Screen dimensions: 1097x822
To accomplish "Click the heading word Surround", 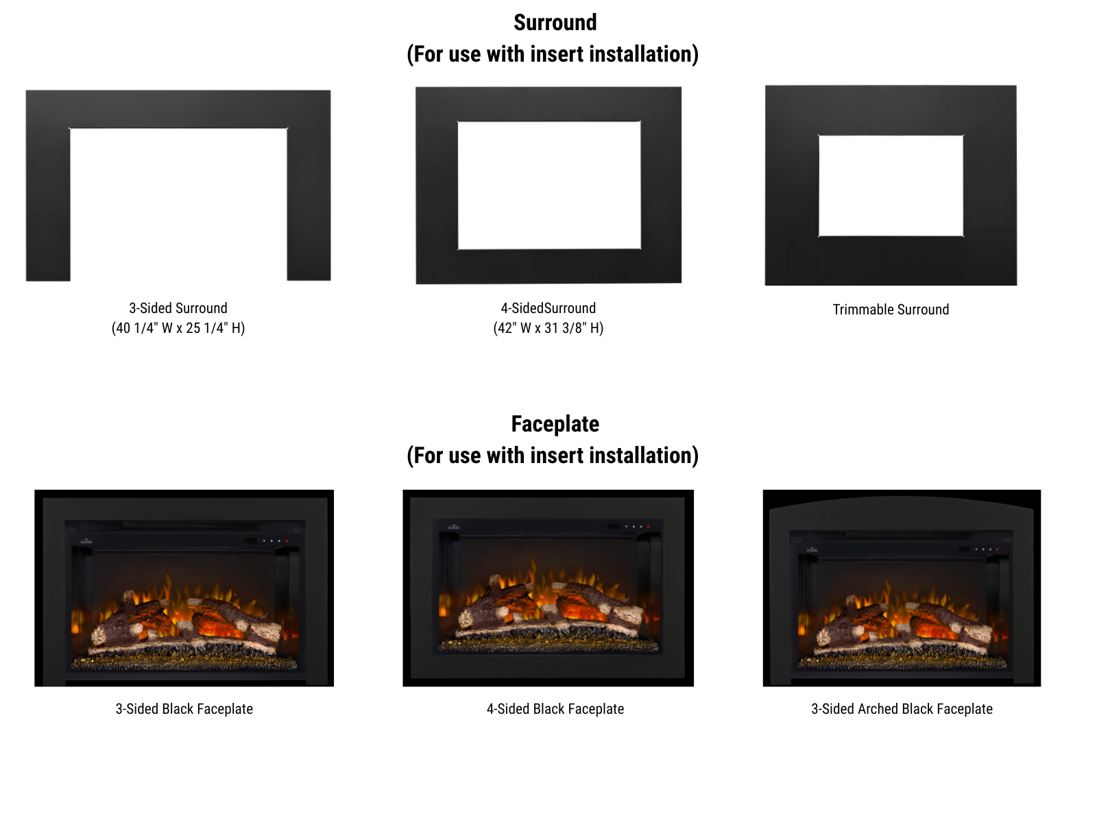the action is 555,23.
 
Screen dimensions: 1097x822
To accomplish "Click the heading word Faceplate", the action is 555,424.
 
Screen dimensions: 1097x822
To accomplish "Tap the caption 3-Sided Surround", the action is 178,308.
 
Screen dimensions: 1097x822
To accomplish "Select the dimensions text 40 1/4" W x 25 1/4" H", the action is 178,328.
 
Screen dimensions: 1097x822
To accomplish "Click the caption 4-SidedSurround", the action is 548,308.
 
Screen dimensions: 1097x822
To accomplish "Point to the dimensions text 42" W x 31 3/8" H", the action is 548,328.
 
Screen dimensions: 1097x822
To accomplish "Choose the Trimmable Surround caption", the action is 891,310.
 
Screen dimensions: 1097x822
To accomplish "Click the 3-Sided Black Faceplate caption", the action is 184,709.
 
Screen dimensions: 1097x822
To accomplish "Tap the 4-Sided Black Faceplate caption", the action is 555,709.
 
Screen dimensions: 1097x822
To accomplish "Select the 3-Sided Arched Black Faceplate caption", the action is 902,709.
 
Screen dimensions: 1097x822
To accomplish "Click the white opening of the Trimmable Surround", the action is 891,186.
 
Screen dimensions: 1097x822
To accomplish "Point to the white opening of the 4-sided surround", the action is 549,185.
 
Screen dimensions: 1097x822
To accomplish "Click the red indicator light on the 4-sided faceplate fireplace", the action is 648,527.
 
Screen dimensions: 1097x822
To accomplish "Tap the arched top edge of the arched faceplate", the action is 902,497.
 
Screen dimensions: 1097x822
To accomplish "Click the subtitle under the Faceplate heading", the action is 552,455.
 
